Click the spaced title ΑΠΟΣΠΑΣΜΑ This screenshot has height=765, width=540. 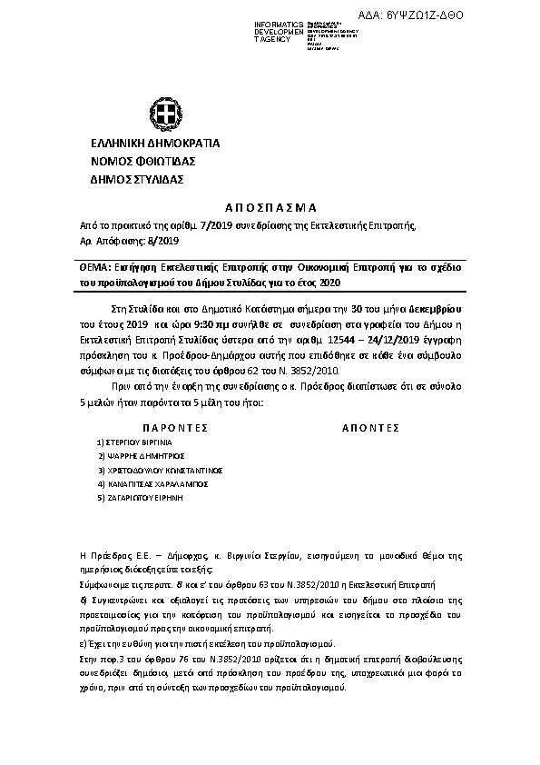tap(269, 207)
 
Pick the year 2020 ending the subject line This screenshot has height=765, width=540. tap(329, 283)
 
